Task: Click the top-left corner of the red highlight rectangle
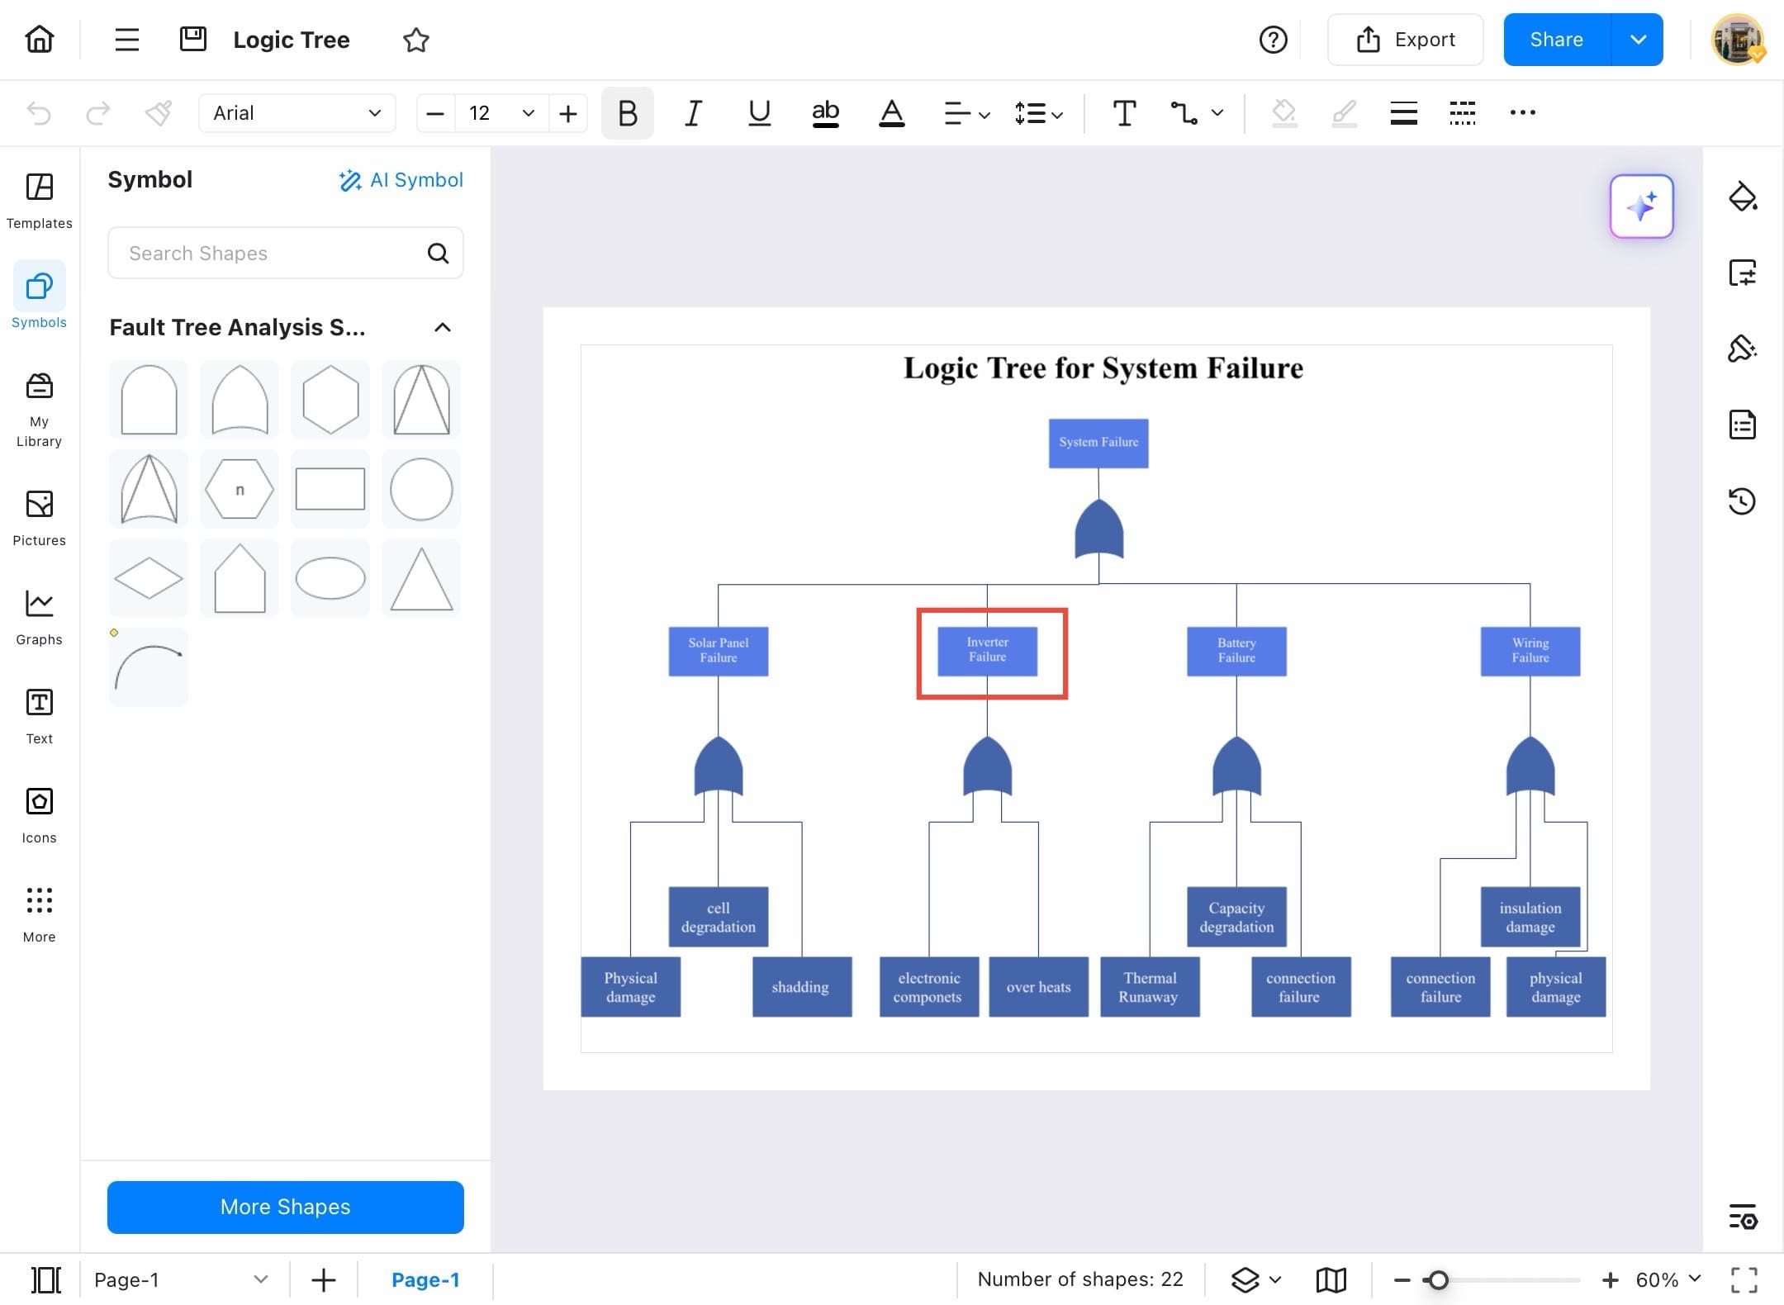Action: (x=918, y=610)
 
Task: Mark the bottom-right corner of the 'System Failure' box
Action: (x=1148, y=467)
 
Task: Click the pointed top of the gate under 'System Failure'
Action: (x=1098, y=499)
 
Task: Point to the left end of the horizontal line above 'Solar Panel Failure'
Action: (x=719, y=585)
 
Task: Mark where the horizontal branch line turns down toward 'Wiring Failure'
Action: (x=1530, y=585)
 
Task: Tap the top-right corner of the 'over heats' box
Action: (x=1088, y=958)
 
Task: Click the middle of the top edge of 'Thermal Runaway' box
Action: (x=1150, y=958)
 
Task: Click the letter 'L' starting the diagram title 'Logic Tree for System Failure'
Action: (x=913, y=368)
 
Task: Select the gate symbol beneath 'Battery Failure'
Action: (x=1236, y=766)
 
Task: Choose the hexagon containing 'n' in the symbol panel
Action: (x=240, y=490)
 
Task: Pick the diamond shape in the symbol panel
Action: (x=149, y=578)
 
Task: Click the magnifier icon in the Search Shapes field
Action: (x=439, y=254)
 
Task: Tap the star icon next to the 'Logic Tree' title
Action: (x=416, y=40)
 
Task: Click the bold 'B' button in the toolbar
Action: (x=628, y=113)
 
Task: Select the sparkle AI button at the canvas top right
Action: (x=1642, y=206)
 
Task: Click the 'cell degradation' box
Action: (x=719, y=917)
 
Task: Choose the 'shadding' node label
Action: (x=800, y=987)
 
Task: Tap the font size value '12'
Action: (x=480, y=113)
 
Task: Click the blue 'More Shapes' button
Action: (x=286, y=1207)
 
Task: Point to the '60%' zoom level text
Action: (x=1657, y=1279)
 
